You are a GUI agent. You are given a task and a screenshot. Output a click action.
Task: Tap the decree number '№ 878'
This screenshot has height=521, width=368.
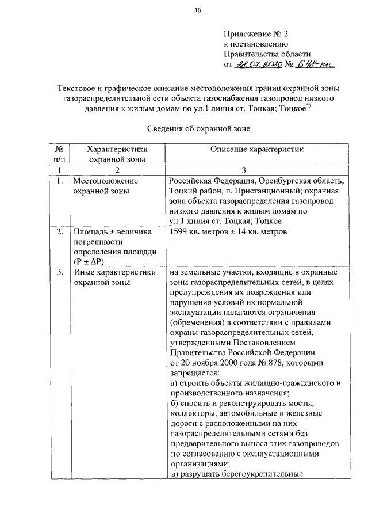pos(269,363)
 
